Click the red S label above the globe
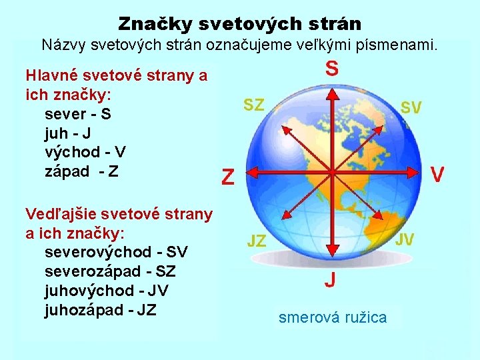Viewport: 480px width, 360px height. [x=331, y=69]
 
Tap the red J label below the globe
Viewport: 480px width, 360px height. [x=330, y=280]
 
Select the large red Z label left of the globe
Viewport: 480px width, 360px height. [x=228, y=177]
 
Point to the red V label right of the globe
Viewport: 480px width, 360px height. [x=437, y=175]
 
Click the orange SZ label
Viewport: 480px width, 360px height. [x=253, y=105]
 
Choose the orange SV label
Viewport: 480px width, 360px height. [x=411, y=108]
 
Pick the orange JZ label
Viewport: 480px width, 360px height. [x=257, y=241]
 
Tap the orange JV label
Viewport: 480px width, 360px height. [x=405, y=239]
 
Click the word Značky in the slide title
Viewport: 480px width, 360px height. [x=150, y=24]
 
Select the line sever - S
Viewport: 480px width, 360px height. [x=77, y=114]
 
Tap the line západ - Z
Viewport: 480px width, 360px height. [x=81, y=171]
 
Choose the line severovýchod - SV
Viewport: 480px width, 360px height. [x=116, y=253]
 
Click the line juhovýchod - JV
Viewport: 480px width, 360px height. [x=106, y=291]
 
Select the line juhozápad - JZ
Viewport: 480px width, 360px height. [x=101, y=309]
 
